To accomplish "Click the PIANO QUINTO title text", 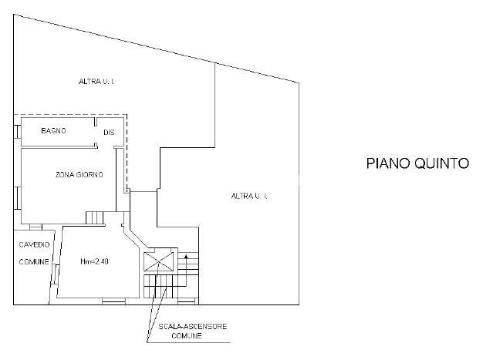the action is (x=417, y=163).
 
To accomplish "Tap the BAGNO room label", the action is (x=53, y=131).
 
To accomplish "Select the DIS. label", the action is (x=110, y=133).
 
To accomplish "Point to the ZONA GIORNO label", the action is (x=79, y=175).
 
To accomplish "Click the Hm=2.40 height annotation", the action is (x=94, y=261).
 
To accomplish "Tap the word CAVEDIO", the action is (x=34, y=244).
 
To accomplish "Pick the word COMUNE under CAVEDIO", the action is (x=34, y=262).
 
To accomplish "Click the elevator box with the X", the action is (x=159, y=261).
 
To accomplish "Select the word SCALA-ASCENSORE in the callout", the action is (x=193, y=326).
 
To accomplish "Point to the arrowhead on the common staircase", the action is (x=186, y=256).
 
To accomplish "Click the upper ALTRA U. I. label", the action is (x=96, y=82).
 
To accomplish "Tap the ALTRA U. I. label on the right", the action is (x=249, y=196).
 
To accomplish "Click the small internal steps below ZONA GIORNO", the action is (x=94, y=218).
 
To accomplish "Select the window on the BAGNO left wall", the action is (x=17, y=132).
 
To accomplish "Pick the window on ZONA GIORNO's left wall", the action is (x=17, y=198).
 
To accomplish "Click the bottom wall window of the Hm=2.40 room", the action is (x=113, y=301).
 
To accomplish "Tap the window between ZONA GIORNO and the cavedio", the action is (x=35, y=227).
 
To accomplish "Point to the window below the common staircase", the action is (x=187, y=301).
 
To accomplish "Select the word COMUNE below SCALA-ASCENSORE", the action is (x=187, y=335).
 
